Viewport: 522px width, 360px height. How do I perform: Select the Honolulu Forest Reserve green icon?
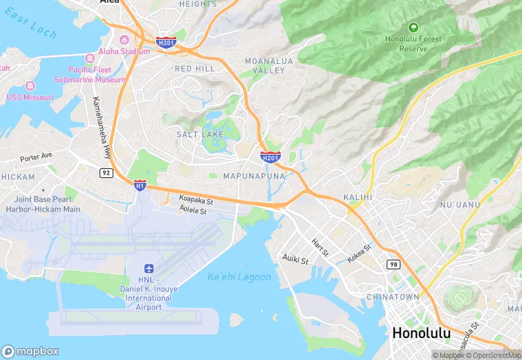(413, 27)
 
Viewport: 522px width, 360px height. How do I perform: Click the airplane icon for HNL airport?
(149, 269)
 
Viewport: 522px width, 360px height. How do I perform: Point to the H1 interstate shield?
(140, 185)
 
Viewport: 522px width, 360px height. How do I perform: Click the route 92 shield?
(106, 172)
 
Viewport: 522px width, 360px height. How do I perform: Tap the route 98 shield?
(393, 265)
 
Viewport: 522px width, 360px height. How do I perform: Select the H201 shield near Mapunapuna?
(270, 158)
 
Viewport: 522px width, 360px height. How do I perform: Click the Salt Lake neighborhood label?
(200, 135)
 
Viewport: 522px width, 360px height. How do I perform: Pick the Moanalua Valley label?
(269, 66)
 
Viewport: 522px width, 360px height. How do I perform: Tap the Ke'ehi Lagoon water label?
(239, 277)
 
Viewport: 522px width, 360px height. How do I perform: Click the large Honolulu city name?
(421, 333)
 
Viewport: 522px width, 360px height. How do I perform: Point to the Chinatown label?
(393, 297)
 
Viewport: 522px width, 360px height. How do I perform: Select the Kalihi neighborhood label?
(357, 197)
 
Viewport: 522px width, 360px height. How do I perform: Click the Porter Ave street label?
(36, 157)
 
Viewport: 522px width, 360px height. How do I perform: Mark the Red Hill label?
(195, 69)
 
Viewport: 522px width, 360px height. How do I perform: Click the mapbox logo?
(31, 351)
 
